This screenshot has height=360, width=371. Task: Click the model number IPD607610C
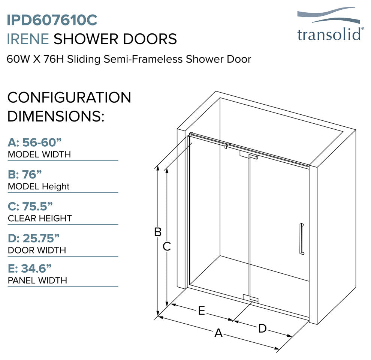pyautogui.click(x=52, y=20)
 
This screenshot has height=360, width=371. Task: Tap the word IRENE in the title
pyautogui.click(x=28, y=39)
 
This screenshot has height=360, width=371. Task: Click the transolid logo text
pyautogui.click(x=329, y=34)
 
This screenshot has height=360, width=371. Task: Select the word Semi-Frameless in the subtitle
pyautogui.click(x=143, y=59)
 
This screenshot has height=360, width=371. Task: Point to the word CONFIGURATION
pyautogui.click(x=69, y=97)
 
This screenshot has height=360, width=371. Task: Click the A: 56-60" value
pyautogui.click(x=34, y=142)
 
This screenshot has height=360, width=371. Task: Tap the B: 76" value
pyautogui.click(x=25, y=174)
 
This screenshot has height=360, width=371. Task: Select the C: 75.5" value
pyautogui.click(x=30, y=207)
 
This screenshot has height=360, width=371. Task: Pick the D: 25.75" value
pyautogui.click(x=34, y=238)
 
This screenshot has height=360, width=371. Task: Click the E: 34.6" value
pyautogui.click(x=30, y=268)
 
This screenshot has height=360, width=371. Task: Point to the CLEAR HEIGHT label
pyautogui.click(x=40, y=218)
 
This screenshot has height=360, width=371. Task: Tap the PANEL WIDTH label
pyautogui.click(x=37, y=280)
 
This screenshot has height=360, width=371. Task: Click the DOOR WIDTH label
pyautogui.click(x=37, y=250)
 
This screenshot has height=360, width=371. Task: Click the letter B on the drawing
pyautogui.click(x=158, y=232)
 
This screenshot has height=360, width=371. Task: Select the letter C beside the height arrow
pyautogui.click(x=167, y=247)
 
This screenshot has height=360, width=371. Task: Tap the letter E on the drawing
pyautogui.click(x=201, y=311)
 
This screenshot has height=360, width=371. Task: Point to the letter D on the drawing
pyautogui.click(x=262, y=328)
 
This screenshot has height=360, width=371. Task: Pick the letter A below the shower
pyautogui.click(x=218, y=333)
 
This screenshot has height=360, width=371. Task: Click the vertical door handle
pyautogui.click(x=301, y=239)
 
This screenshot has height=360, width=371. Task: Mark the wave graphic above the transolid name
pyautogui.click(x=329, y=15)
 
